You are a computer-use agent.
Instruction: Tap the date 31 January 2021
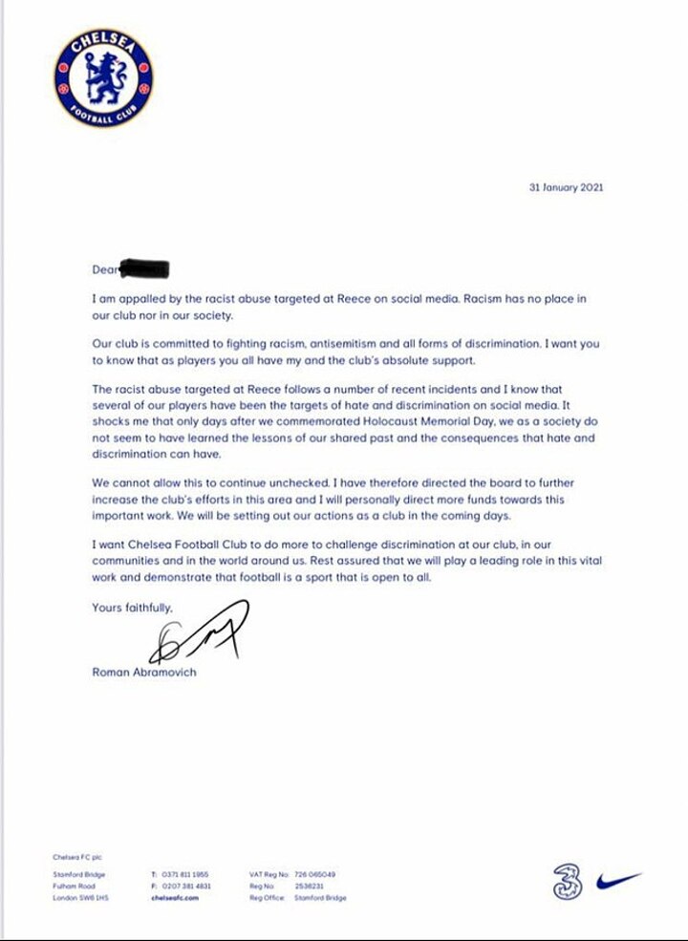566,187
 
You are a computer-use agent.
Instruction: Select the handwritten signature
204,632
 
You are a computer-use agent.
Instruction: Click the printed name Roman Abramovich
142,672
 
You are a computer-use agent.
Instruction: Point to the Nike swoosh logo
618,880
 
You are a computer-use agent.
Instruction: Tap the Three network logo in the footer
566,880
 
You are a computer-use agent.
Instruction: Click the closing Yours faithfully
133,607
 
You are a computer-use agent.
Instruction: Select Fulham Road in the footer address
73,887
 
